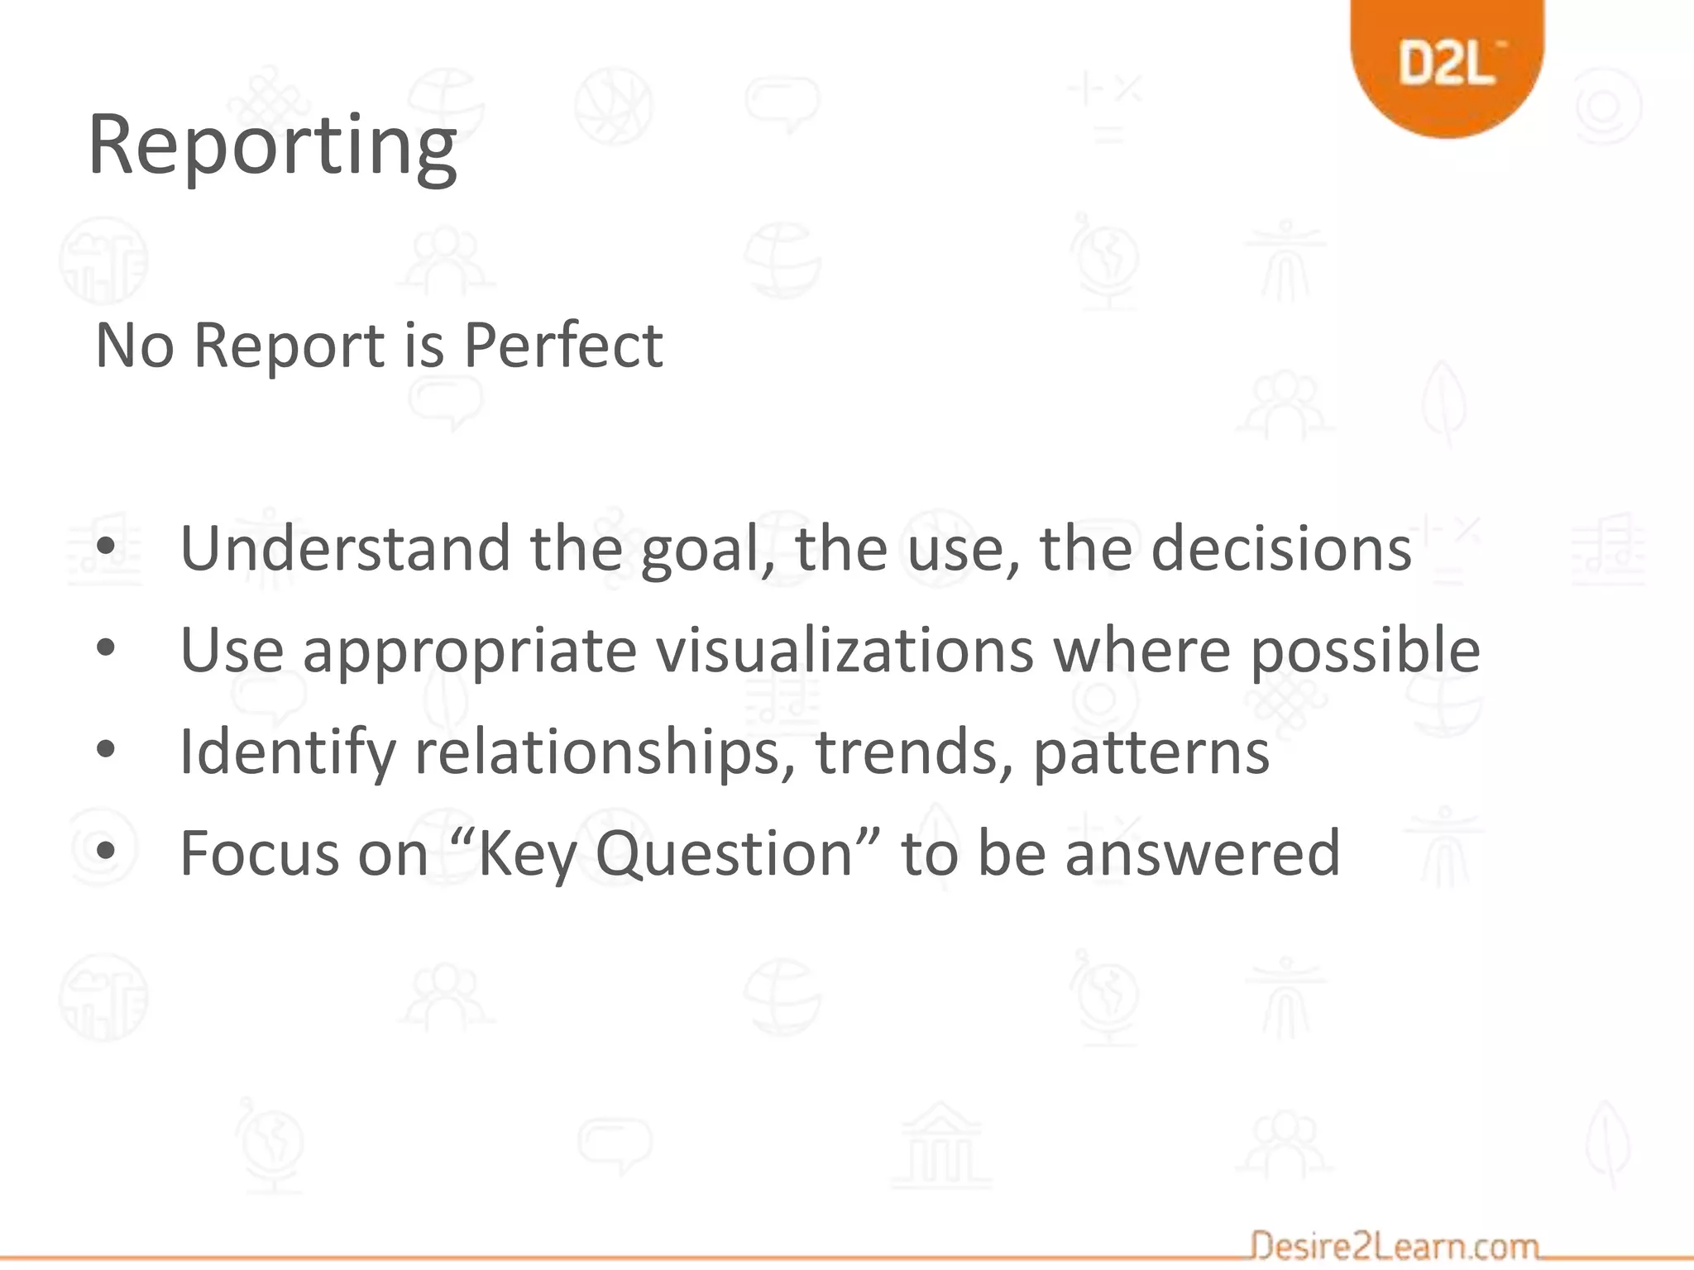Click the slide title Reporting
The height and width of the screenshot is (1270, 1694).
(x=272, y=147)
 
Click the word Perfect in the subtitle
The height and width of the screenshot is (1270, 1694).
(x=562, y=345)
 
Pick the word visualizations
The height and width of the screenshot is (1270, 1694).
(x=845, y=651)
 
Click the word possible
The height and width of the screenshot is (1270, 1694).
(x=1365, y=651)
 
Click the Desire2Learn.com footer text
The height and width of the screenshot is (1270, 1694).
(x=1395, y=1245)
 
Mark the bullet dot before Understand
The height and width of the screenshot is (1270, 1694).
(x=105, y=547)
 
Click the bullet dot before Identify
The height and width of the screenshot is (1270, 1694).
(x=105, y=749)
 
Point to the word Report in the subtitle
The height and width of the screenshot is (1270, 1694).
(x=289, y=346)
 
